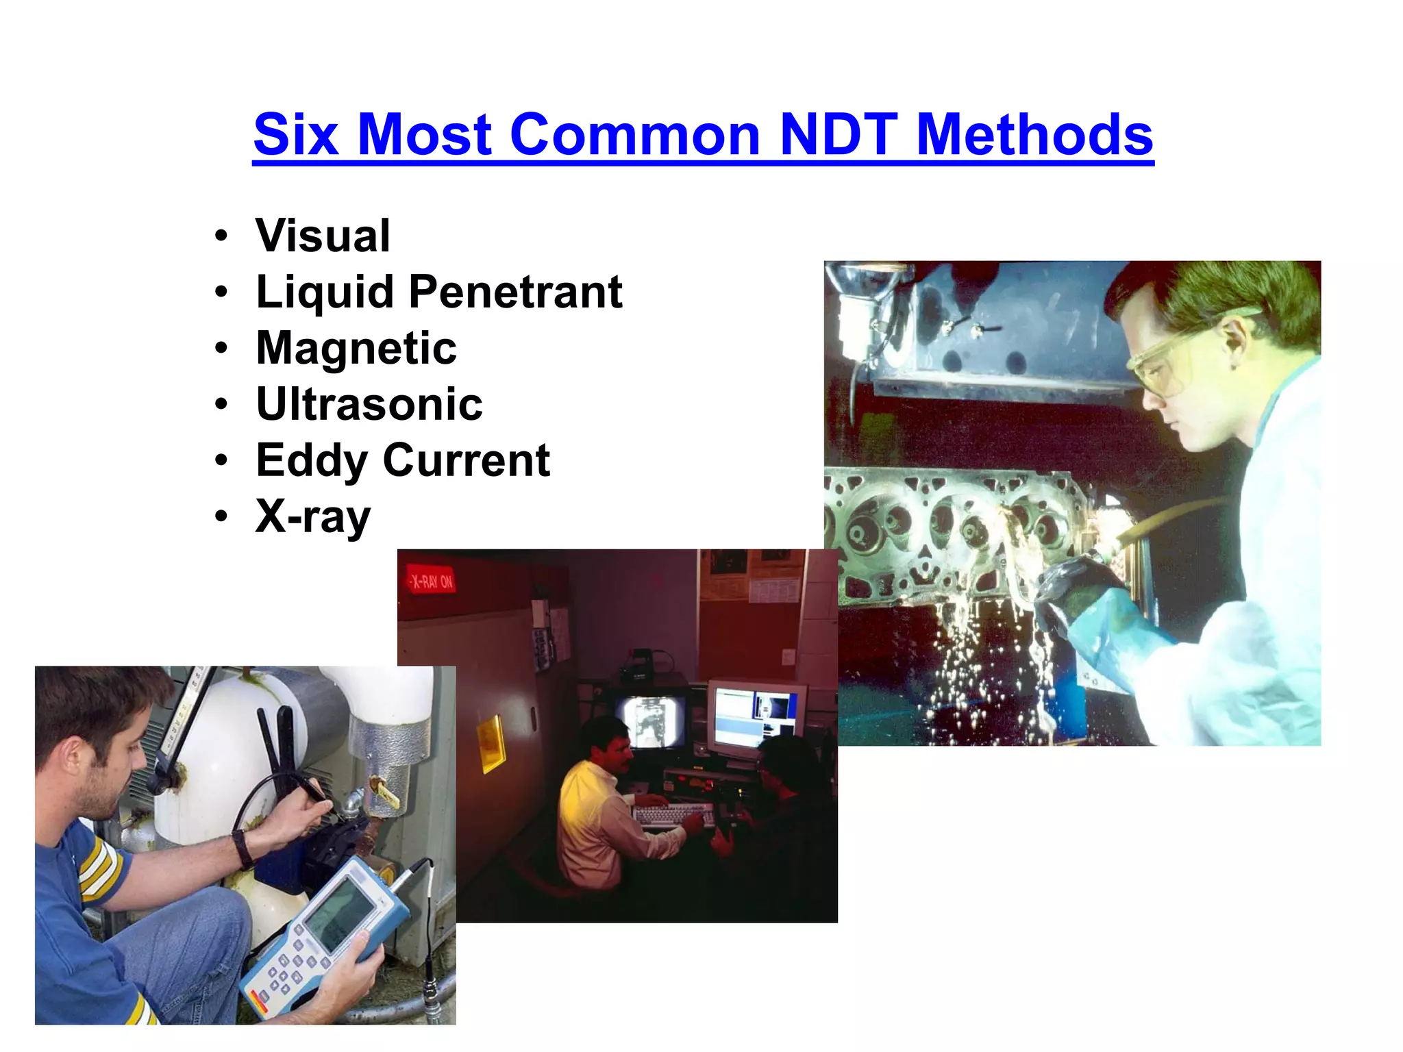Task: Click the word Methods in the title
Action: click(x=1034, y=134)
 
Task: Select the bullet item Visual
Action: click(x=323, y=236)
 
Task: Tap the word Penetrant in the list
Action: click(x=515, y=292)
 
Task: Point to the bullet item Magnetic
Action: click(x=356, y=348)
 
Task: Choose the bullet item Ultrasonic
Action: click(x=369, y=404)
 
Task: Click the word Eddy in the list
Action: click(x=311, y=461)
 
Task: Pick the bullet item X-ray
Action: click(x=313, y=516)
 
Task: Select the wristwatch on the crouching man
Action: click(x=243, y=849)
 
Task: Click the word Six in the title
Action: click(x=296, y=134)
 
